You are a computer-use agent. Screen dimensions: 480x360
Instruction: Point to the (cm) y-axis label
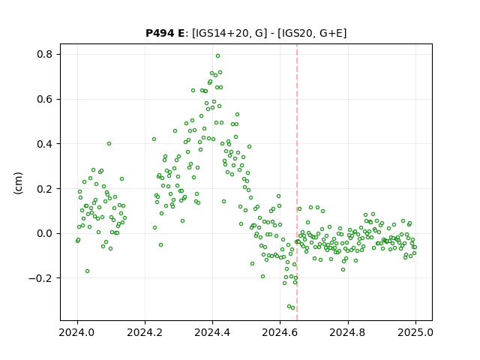pyautogui.click(x=18, y=183)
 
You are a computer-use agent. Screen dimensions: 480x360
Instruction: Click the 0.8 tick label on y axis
pyautogui.click(x=45, y=55)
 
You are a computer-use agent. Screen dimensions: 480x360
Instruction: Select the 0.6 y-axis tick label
pyautogui.click(x=45, y=100)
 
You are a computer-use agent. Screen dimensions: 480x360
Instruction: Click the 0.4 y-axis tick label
pyautogui.click(x=45, y=144)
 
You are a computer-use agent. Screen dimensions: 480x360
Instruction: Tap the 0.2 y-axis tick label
pyautogui.click(x=45, y=189)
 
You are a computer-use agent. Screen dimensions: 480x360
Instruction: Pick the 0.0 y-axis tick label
pyautogui.click(x=45, y=233)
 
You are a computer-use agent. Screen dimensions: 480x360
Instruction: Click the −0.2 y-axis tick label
pyautogui.click(x=40, y=278)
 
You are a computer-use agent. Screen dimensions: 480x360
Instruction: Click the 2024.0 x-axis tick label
pyautogui.click(x=77, y=332)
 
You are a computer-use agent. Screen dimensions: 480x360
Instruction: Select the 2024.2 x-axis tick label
pyautogui.click(x=145, y=332)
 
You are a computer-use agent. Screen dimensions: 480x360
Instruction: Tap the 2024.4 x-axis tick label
pyautogui.click(x=212, y=332)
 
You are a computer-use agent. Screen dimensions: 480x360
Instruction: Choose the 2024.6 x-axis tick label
pyautogui.click(x=280, y=332)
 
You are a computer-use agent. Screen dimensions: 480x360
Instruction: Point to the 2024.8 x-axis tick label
pyautogui.click(x=348, y=332)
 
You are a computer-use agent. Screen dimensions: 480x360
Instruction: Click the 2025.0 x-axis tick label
pyautogui.click(x=415, y=332)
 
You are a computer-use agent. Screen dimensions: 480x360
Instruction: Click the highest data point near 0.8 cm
pyautogui.click(x=218, y=56)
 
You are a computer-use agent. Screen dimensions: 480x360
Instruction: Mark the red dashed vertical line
pyautogui.click(x=297, y=182)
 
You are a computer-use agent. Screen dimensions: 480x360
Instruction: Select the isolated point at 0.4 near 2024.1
pyautogui.click(x=109, y=143)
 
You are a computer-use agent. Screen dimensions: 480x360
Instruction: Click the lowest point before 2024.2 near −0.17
pyautogui.click(x=87, y=271)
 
